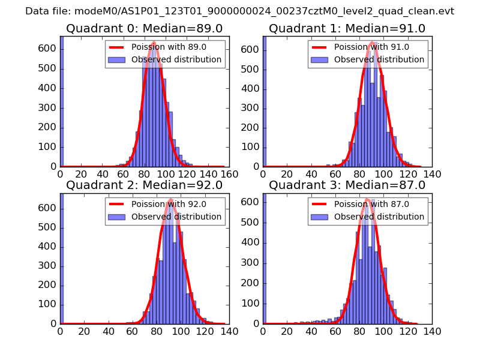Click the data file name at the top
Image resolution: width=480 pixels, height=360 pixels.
click(239, 11)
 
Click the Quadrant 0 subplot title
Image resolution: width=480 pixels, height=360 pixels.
click(145, 28)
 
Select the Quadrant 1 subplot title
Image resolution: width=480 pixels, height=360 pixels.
click(347, 28)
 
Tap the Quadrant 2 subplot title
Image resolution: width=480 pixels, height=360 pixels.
click(145, 185)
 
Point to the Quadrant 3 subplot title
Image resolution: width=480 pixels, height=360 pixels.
click(347, 185)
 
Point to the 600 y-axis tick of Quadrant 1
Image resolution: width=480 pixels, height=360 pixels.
click(251, 49)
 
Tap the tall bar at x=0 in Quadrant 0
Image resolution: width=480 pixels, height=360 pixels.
click(62, 102)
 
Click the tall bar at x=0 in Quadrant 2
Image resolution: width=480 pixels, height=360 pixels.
click(62, 258)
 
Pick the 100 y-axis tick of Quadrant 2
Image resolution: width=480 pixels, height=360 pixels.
click(49, 304)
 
